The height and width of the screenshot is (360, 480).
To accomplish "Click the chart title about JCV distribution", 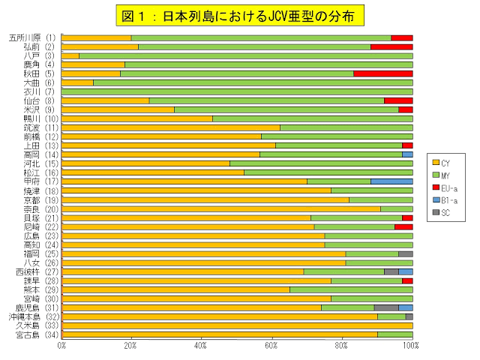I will click(x=240, y=14).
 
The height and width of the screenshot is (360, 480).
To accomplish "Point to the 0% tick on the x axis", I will click(x=61, y=346).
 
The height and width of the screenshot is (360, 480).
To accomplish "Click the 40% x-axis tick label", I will click(x=201, y=346).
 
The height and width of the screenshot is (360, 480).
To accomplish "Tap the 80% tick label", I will click(x=341, y=346).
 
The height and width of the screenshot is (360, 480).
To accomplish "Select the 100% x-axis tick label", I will click(x=410, y=346).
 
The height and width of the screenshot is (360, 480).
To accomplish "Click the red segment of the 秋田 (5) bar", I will click(x=382, y=73).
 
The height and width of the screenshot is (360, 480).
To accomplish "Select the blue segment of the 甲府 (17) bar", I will click(x=391, y=181).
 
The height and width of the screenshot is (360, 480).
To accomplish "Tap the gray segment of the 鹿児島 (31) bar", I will click(x=385, y=307).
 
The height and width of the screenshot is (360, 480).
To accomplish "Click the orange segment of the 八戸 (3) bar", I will click(x=70, y=55).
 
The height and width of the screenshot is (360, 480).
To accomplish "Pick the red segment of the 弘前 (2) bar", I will click(x=391, y=46).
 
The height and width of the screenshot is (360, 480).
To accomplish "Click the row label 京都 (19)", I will click(x=33, y=200).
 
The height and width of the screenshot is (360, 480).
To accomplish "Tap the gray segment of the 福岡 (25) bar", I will click(x=405, y=253).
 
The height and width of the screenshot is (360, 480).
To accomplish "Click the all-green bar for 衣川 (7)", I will click(x=237, y=91).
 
